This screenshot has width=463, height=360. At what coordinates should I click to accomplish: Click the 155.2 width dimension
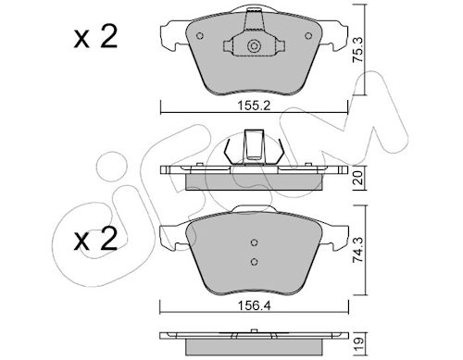click(x=254, y=106)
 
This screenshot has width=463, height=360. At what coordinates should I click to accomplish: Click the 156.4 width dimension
click(x=254, y=306)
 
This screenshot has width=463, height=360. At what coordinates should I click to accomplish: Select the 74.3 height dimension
click(x=358, y=250)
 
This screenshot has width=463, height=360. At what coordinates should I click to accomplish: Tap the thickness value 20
click(x=358, y=178)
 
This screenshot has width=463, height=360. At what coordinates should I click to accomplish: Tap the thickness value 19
click(x=358, y=342)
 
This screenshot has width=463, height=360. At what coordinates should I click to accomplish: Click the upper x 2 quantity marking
click(x=95, y=37)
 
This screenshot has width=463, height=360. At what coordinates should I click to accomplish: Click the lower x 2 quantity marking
click(x=95, y=239)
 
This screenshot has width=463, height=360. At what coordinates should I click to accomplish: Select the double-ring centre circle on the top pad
click(x=254, y=46)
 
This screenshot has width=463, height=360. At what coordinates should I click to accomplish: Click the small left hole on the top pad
click(x=200, y=36)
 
